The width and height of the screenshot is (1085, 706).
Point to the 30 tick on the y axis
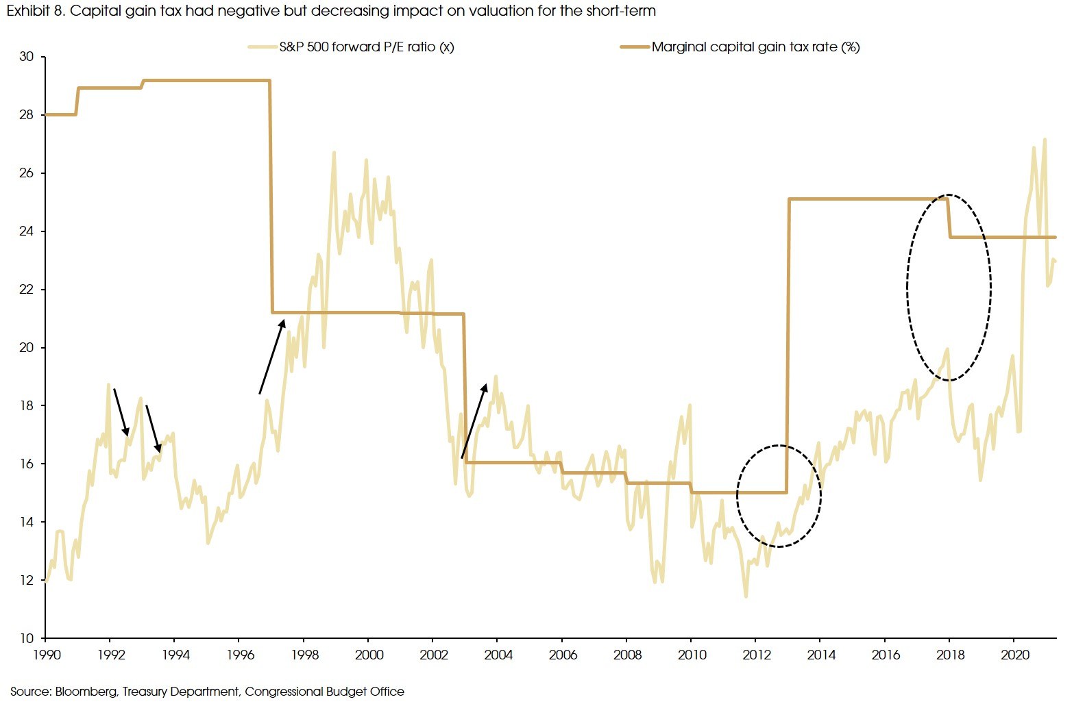click(x=27, y=57)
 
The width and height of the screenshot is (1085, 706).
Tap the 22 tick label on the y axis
click(x=27, y=289)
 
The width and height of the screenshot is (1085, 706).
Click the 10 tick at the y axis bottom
click(x=27, y=638)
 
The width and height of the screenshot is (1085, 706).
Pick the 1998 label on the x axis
click(x=304, y=655)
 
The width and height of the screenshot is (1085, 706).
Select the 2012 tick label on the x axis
click(x=757, y=655)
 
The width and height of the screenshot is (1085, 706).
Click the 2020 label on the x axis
click(x=1015, y=655)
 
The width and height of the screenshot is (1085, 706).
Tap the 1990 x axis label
click(x=47, y=655)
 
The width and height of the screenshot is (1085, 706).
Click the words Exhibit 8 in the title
click(x=34, y=10)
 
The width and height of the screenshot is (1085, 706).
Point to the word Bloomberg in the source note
click(x=86, y=692)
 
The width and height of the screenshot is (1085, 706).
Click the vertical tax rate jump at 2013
click(x=788, y=342)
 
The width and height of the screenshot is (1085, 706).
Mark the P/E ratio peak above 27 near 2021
click(x=1045, y=140)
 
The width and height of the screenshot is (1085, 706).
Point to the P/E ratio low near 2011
click(x=746, y=596)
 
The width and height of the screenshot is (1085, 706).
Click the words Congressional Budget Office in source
click(x=324, y=692)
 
